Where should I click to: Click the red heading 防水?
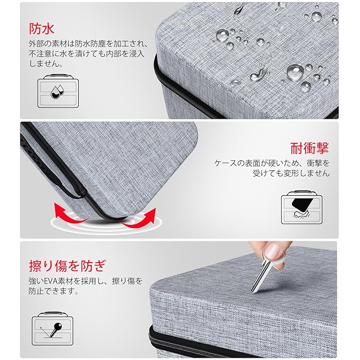[x=42, y=29]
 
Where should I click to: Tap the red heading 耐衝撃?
[x=310, y=148]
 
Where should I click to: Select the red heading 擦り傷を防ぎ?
[x=67, y=266]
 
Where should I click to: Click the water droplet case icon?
[x=58, y=91]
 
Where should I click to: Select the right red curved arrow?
[x=139, y=219]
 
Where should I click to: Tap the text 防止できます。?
[x=53, y=291]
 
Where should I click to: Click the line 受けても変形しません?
[x=291, y=173]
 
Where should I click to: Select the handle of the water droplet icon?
[x=58, y=76]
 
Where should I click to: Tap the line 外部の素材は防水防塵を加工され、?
[x=88, y=43]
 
